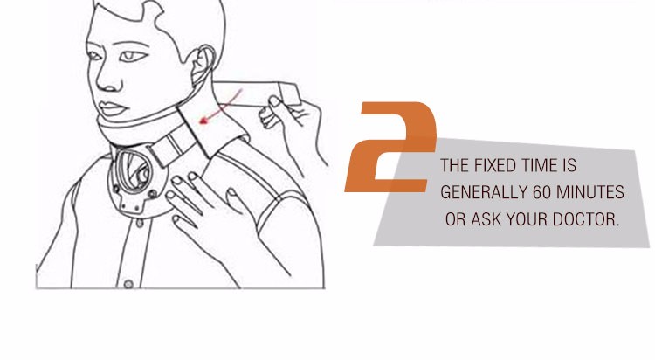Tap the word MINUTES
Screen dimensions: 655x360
590,192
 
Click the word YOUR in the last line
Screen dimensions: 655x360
527,219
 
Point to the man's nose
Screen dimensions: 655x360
108,78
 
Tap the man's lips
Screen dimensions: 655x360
112,108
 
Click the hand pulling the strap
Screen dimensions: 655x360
293,126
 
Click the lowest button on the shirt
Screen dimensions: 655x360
128,284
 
